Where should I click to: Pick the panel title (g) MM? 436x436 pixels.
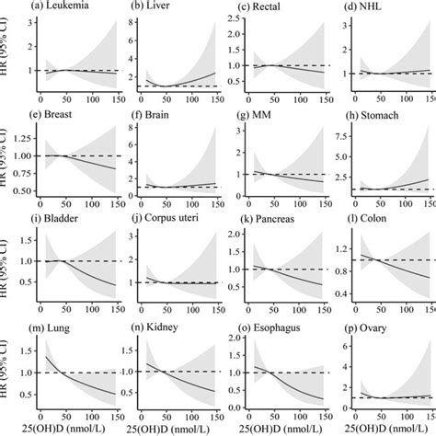click(x=256, y=115)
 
